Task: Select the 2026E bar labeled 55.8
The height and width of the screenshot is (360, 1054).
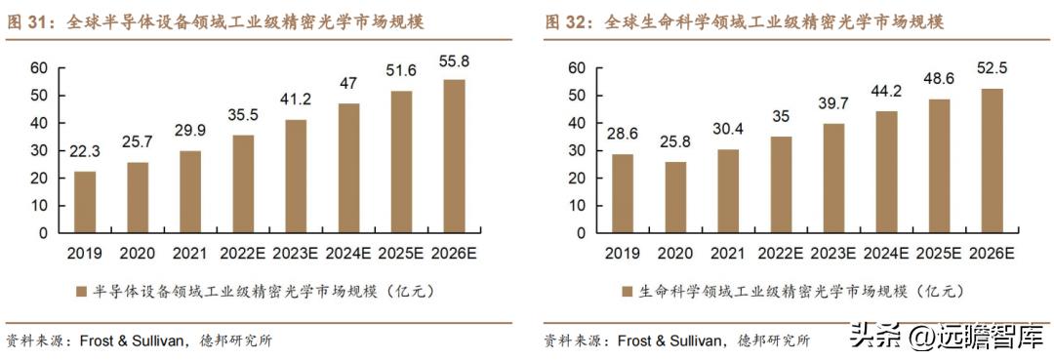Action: [x=453, y=156]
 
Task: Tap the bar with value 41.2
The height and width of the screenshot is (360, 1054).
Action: [x=295, y=177]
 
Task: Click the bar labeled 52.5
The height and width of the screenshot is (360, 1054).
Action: [x=991, y=161]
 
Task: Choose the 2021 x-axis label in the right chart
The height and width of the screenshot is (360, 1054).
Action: [x=728, y=254]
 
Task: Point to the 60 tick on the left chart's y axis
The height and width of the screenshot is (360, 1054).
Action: [x=39, y=67]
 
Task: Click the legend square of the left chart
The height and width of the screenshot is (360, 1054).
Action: [x=81, y=292]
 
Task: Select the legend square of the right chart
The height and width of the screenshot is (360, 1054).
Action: [x=627, y=292]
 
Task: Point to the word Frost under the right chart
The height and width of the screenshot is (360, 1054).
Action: [x=635, y=340]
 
